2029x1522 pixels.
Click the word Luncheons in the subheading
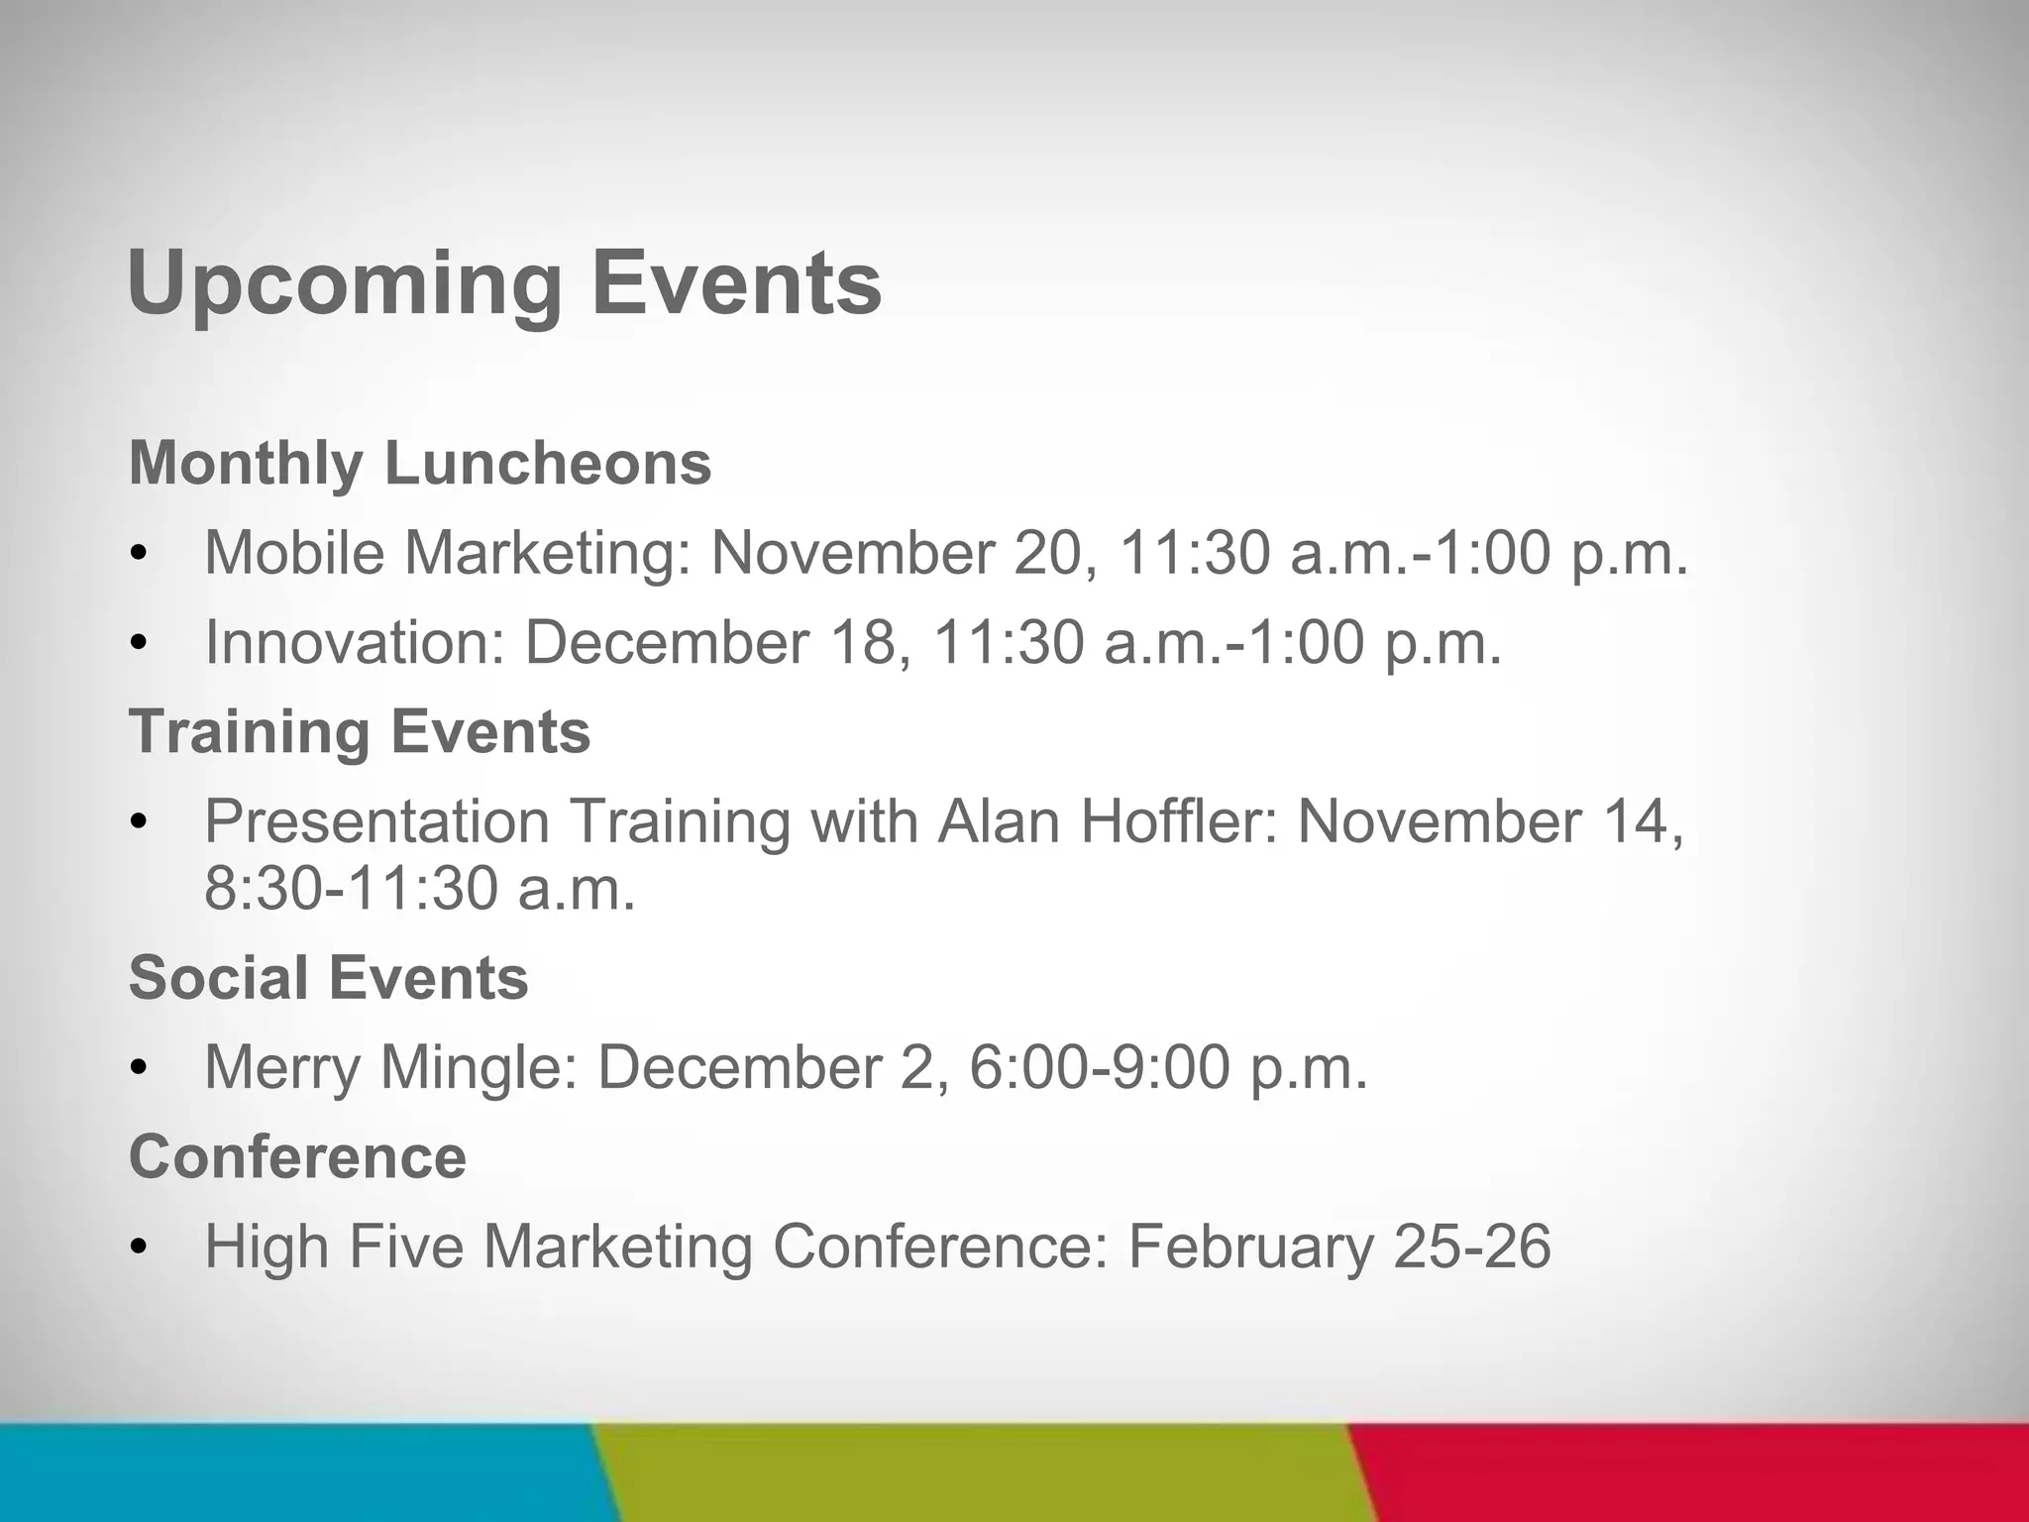(548, 463)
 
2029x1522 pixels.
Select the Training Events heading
(360, 731)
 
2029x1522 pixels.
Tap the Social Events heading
(328, 977)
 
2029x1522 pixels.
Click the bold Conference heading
(297, 1156)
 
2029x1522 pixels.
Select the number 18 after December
(867, 642)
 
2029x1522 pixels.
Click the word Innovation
(354, 642)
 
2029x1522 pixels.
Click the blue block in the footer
(297, 1472)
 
